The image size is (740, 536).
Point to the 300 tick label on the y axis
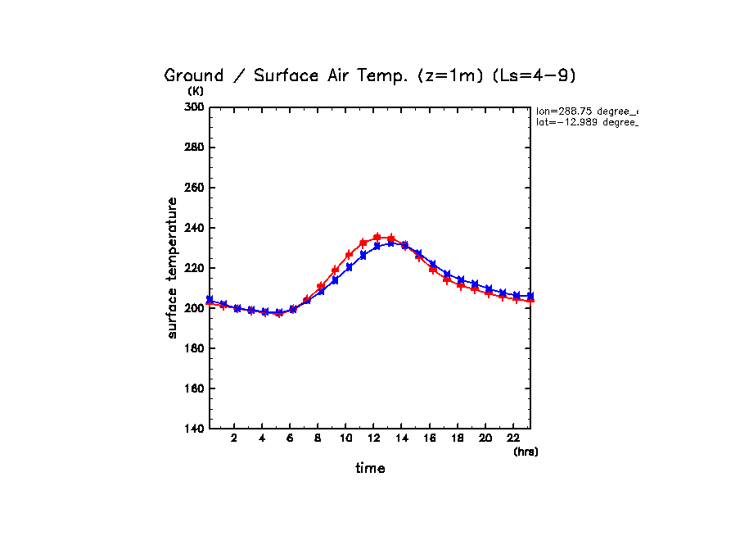tap(193, 107)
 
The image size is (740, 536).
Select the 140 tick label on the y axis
tap(193, 429)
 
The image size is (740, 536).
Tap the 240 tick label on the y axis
tap(193, 228)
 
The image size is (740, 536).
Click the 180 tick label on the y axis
tap(193, 348)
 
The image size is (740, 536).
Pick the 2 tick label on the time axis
tap(234, 438)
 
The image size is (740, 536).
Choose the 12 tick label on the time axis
tap(374, 438)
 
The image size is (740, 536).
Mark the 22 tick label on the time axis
tap(514, 438)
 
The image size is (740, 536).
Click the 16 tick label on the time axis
tap(430, 438)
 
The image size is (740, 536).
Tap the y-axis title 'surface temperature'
tap(173, 268)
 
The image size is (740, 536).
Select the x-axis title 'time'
tap(370, 469)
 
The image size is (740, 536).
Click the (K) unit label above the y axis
tap(196, 91)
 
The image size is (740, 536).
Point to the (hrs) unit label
tap(526, 452)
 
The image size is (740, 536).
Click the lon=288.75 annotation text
tap(586, 111)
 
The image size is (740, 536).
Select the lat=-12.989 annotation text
tap(586, 122)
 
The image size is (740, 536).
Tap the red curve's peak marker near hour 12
tap(377, 237)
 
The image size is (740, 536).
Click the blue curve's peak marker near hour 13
tap(391, 243)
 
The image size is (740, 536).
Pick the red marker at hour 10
tap(349, 255)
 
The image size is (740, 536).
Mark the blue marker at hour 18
tap(461, 280)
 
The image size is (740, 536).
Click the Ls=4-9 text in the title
tap(537, 75)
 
